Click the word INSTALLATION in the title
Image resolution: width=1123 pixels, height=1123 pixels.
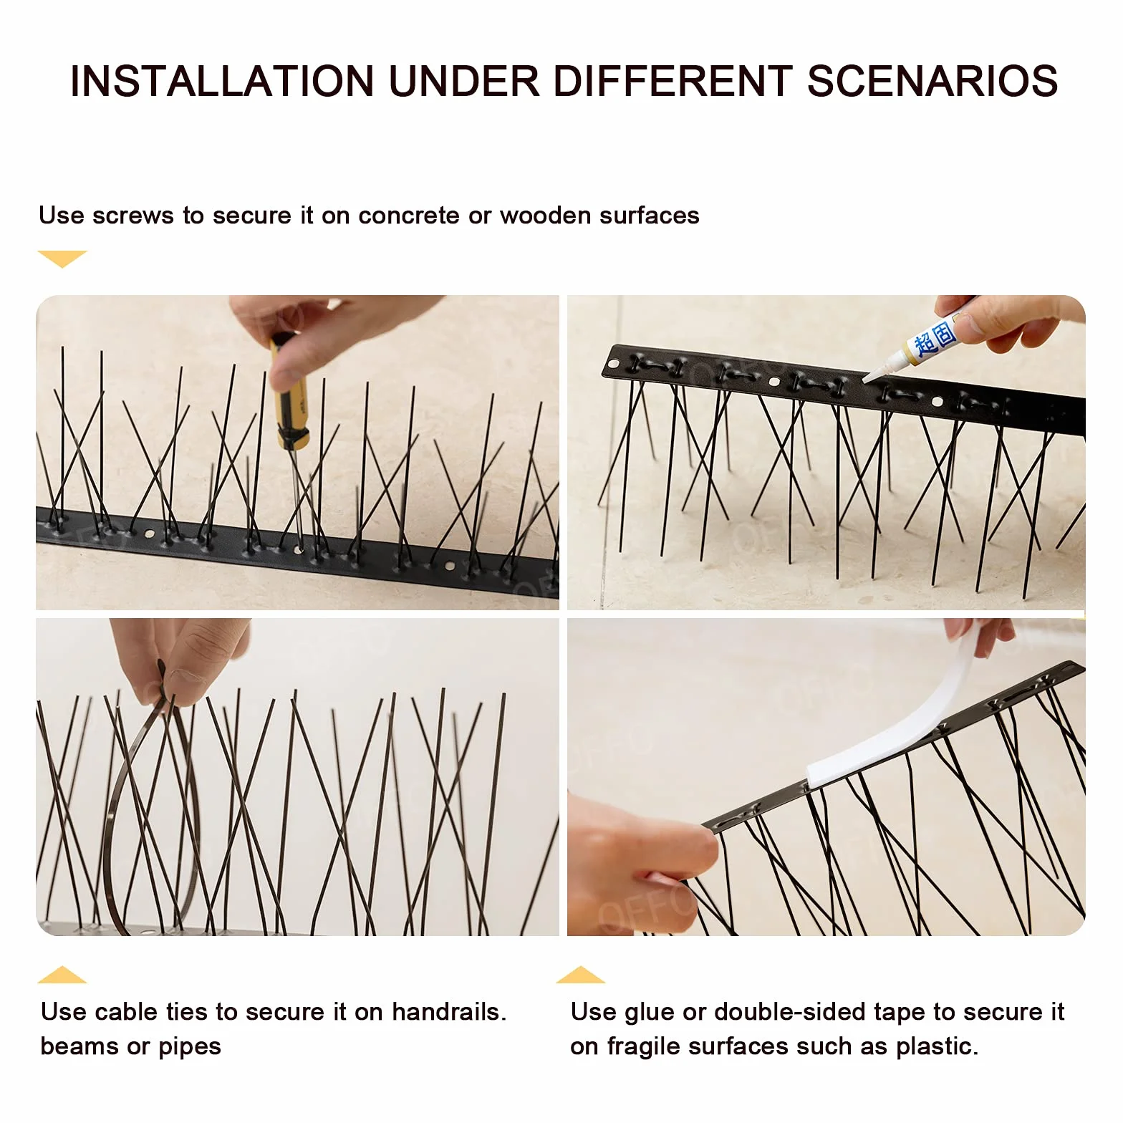coord(222,81)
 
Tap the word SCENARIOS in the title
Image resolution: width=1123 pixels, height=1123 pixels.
coord(932,81)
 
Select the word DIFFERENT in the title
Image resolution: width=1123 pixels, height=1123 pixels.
coord(673,81)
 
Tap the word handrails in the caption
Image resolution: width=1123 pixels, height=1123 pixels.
coord(448,1011)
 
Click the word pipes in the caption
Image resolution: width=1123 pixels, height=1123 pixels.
coord(190,1048)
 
